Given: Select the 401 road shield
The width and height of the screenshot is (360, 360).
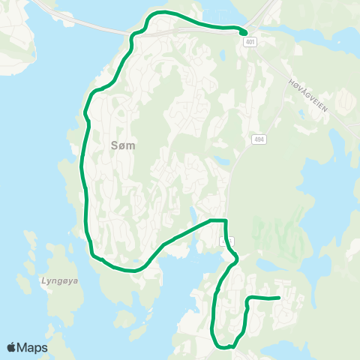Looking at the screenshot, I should pos(250,42).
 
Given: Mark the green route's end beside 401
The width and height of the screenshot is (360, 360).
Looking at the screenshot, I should pos(244,31).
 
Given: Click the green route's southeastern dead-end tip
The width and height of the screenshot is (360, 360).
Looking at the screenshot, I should pos(279,298).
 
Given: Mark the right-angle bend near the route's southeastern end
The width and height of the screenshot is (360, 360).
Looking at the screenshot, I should pos(247,298).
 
